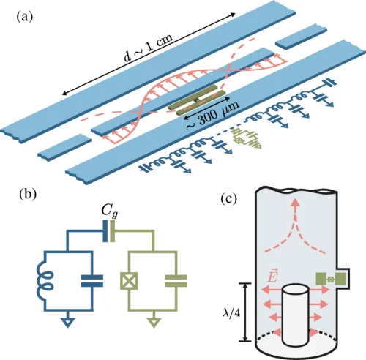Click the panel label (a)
pyautogui.click(x=24, y=18)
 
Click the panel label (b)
pyautogui.click(x=28, y=195)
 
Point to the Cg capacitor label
pyautogui.click(x=110, y=211)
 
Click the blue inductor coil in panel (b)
pyautogui.click(x=45, y=280)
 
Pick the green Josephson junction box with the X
pyautogui.click(x=129, y=281)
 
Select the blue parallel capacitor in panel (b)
pyautogui.click(x=92, y=281)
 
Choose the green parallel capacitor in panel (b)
pyautogui.click(x=176, y=281)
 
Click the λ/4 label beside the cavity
pyautogui.click(x=231, y=312)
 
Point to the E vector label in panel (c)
pyautogui.click(x=272, y=276)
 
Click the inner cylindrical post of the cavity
pyautogui.click(x=296, y=315)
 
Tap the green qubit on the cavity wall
pyautogui.click(x=331, y=279)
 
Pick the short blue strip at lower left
pyautogui.click(x=64, y=146)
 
